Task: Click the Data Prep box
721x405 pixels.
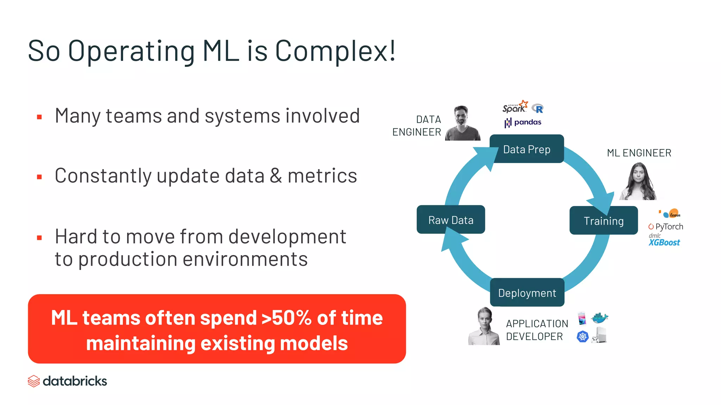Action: [527, 149]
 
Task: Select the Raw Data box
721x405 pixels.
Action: [451, 220]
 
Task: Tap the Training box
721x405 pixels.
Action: [603, 221]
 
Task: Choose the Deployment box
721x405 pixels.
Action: [527, 293]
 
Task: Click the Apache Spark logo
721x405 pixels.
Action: [515, 107]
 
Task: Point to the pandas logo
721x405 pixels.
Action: [523, 122]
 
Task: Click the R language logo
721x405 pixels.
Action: [538, 109]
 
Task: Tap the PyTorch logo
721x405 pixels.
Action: [666, 226]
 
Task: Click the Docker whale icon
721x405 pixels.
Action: [600, 318]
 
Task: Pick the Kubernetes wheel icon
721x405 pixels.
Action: [583, 337]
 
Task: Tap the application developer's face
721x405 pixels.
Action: [485, 319]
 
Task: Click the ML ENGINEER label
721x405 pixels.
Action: [639, 153]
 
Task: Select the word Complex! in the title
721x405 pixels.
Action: [335, 51]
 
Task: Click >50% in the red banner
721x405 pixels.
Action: [286, 318]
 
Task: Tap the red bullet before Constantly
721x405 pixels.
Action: [39, 177]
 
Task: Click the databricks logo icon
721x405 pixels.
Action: [34, 381]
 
